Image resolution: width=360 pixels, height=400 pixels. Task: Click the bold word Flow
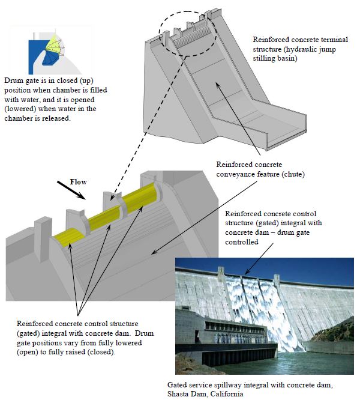78,182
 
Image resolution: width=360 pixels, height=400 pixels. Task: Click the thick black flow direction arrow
71,190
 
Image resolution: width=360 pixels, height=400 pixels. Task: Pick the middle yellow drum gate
104,217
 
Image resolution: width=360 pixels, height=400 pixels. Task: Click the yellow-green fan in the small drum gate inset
55,44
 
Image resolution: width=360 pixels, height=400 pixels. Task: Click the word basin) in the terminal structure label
287,58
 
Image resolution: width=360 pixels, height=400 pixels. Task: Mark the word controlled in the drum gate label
242,242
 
